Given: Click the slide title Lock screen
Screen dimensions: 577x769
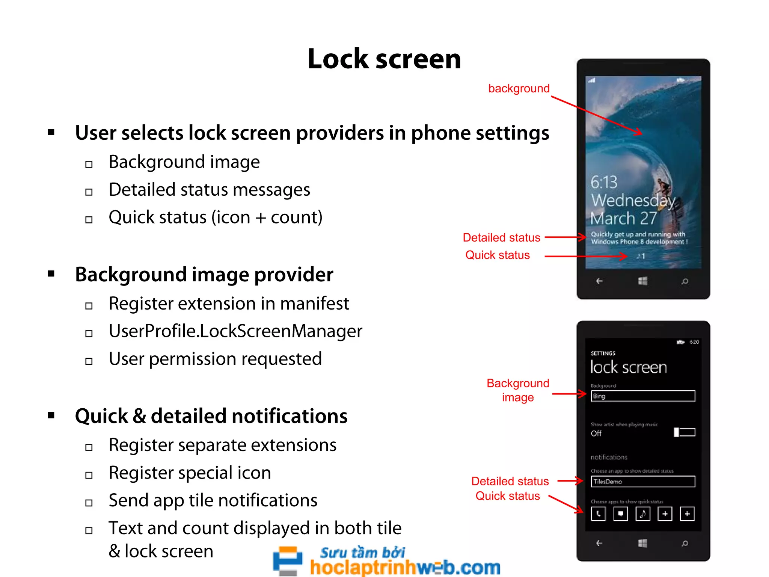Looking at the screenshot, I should (384, 59).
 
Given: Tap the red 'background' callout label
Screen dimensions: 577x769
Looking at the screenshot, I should (519, 88).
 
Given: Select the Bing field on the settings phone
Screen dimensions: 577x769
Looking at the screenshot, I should (643, 396).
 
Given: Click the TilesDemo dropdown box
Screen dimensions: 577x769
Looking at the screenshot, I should (643, 482).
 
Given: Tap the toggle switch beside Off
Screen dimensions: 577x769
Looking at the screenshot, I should (685, 432).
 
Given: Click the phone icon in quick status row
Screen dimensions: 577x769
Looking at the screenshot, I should (598, 514).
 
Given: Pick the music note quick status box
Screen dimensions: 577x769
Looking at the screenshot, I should (642, 514).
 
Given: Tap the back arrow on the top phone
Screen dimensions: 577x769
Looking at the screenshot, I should (599, 281).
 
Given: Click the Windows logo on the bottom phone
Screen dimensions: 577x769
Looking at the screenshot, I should (643, 543).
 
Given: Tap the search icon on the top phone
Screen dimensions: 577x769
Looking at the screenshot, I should (685, 281).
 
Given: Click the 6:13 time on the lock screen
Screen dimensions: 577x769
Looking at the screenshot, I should (604, 183).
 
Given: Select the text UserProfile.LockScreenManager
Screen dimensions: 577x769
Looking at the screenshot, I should (235, 331).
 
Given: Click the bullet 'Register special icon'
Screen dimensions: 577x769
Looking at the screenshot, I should (190, 473).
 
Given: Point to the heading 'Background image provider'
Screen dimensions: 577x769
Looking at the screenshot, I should (204, 275).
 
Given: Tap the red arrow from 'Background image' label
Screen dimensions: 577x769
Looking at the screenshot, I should (569, 394).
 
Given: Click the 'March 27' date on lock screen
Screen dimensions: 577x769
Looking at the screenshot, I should (623, 218).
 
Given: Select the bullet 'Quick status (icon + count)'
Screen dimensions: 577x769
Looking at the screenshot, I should (216, 218).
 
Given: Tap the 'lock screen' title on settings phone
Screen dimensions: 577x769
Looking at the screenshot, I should (628, 367).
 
